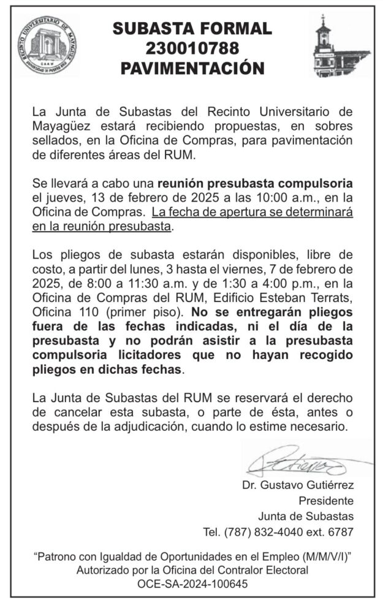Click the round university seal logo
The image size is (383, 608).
48,47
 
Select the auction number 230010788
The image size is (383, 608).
192,47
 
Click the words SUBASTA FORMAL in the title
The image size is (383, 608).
192,28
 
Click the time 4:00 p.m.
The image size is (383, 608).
313,283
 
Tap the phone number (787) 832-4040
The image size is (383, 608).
264,531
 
